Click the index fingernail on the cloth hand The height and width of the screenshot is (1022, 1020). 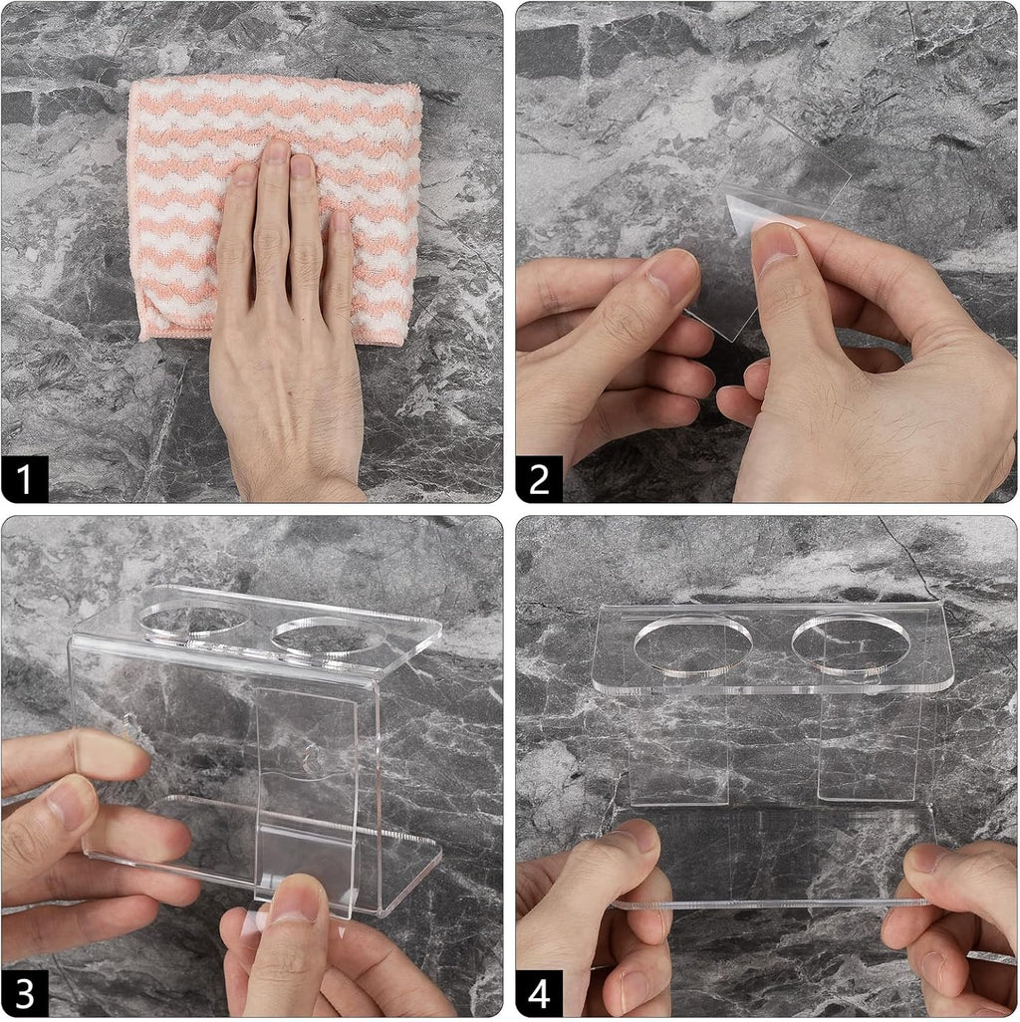pos(302,165)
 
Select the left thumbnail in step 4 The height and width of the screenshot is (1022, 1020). pos(639,837)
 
